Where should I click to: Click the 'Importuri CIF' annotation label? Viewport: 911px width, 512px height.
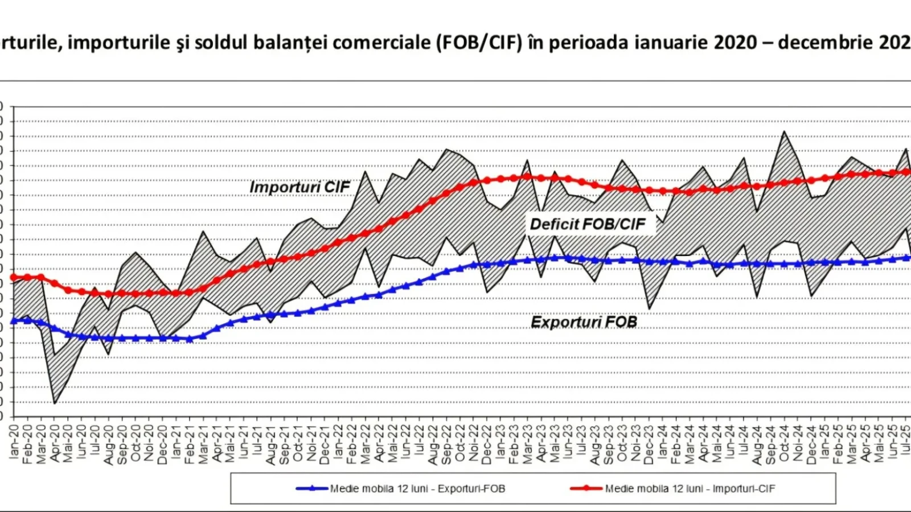coord(299,187)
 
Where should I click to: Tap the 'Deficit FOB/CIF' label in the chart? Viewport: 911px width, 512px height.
coord(588,224)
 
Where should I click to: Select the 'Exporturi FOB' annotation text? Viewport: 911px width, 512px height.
coord(584,322)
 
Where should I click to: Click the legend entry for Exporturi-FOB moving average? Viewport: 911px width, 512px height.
coord(401,488)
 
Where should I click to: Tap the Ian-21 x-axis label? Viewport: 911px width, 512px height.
coord(177,441)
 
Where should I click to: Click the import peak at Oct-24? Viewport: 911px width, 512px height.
coord(785,132)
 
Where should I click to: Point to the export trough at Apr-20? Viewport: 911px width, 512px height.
coord(55,403)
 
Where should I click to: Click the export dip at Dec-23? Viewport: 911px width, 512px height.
coord(650,309)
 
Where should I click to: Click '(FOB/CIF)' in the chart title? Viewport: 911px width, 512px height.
coord(479,42)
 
